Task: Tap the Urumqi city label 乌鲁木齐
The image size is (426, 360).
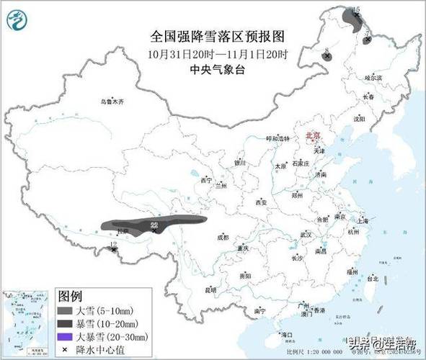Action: tap(112, 102)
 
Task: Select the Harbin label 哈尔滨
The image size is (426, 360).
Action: tap(373, 76)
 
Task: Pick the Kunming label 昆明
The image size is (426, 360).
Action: tap(210, 290)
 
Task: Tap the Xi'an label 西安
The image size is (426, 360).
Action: tap(260, 203)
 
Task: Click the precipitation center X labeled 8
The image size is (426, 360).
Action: tap(327, 55)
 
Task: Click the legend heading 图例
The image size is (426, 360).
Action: tap(71, 296)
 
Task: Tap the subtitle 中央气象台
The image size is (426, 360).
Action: tap(213, 69)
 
